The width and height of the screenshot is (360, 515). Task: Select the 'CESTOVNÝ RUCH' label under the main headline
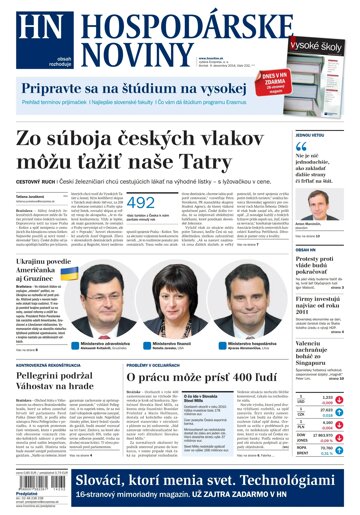tap(37, 180)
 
